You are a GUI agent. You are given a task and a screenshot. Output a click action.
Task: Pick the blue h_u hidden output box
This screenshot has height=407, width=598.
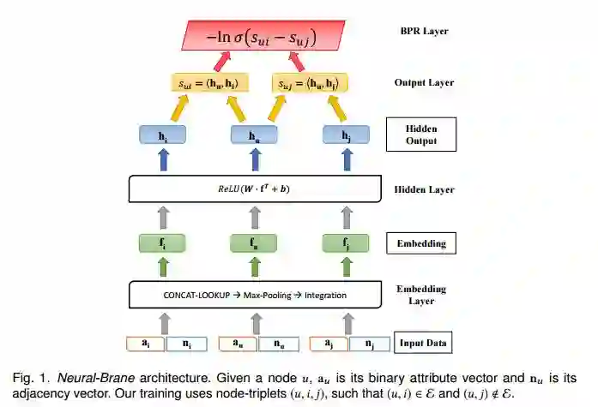pyautogui.click(x=254, y=135)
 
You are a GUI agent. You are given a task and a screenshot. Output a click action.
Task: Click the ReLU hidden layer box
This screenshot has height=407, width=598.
pyautogui.click(x=254, y=189)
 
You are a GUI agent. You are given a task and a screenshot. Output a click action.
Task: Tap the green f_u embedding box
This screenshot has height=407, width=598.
pyautogui.click(x=254, y=242)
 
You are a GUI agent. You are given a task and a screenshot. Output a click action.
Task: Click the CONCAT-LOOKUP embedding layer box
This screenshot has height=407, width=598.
pyautogui.click(x=254, y=296)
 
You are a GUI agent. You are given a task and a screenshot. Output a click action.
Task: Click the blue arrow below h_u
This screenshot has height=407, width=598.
pyautogui.click(x=254, y=161)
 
